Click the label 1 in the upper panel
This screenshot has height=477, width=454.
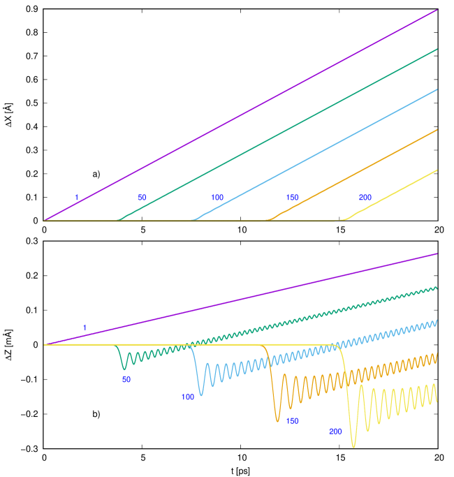pyautogui.click(x=77, y=198)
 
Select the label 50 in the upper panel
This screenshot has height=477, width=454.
pyautogui.click(x=142, y=198)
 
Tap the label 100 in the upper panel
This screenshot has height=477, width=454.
pyautogui.click(x=217, y=198)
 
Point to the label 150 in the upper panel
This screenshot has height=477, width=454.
pyautogui.click(x=292, y=198)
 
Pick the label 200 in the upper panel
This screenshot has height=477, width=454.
pyautogui.click(x=365, y=198)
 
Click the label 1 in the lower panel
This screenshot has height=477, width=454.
pyautogui.click(x=85, y=328)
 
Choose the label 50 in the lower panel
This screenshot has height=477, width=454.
pyautogui.click(x=126, y=379)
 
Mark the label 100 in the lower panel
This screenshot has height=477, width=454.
pyautogui.click(x=188, y=397)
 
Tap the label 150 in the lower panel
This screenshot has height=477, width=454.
pyautogui.click(x=293, y=421)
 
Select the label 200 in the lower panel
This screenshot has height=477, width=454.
pyautogui.click(x=335, y=432)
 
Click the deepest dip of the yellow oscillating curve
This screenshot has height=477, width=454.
pyautogui.click(x=353, y=446)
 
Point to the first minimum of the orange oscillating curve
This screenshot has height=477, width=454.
pyautogui.click(x=277, y=421)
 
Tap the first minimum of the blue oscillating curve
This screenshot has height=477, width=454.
pyautogui.click(x=201, y=395)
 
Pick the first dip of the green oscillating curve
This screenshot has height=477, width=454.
pyautogui.click(x=125, y=368)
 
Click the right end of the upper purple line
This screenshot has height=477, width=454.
pyautogui.click(x=437, y=10)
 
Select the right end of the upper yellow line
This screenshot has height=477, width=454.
pyautogui.click(x=437, y=170)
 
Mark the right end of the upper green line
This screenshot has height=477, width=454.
pyautogui.click(x=437, y=50)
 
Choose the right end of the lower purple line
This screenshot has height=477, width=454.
pyautogui.click(x=437, y=254)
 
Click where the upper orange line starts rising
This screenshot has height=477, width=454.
pyautogui.click(x=268, y=220)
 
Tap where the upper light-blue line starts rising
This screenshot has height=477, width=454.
pyautogui.click(x=193, y=220)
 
